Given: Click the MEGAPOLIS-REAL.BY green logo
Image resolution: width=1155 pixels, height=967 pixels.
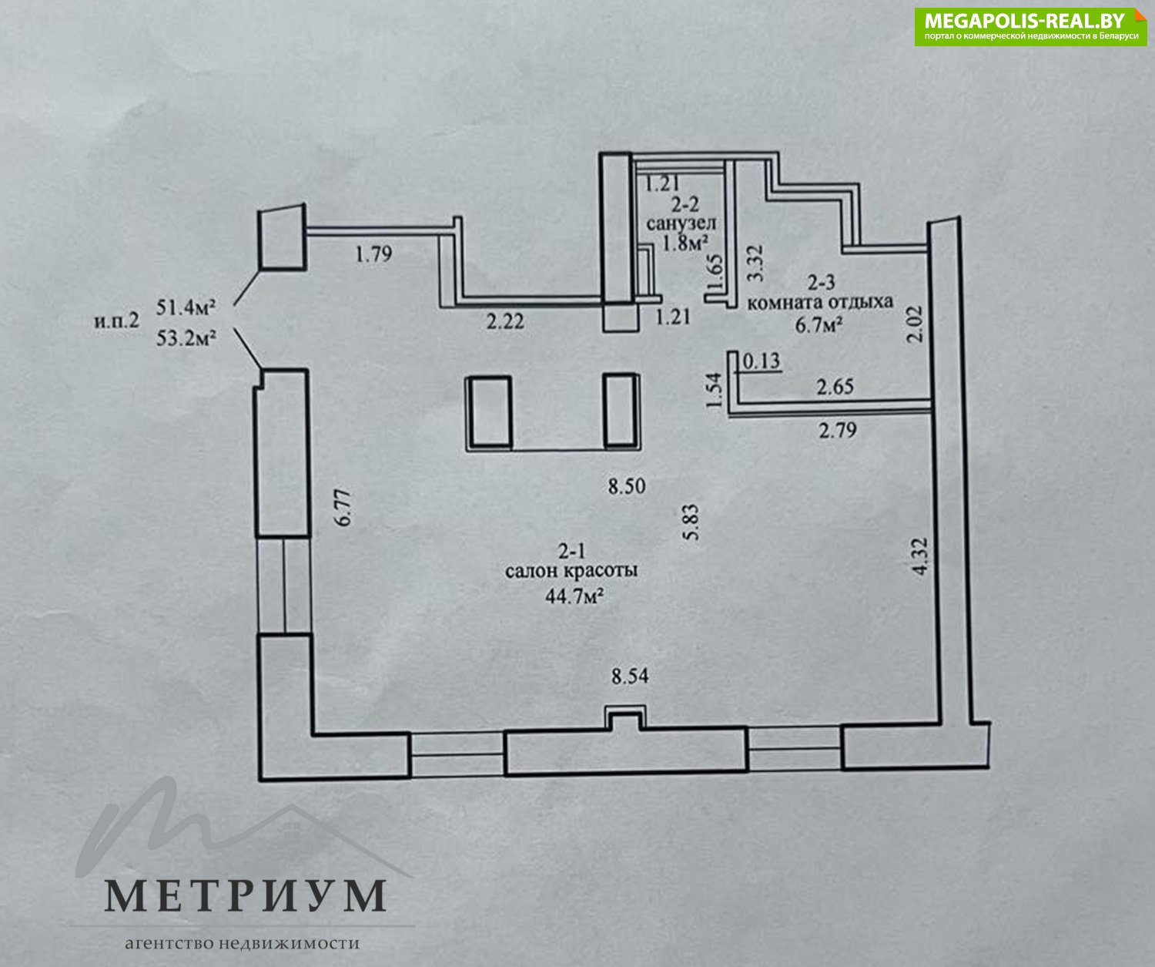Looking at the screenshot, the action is click(1030, 26).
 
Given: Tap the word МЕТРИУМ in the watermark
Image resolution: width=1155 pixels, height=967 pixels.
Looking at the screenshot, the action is click(246, 895).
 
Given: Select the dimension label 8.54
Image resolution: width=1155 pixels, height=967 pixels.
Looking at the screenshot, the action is click(630, 677).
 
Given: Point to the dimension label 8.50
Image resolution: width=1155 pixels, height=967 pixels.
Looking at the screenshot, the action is click(627, 486).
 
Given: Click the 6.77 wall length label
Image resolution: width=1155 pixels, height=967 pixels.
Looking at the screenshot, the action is click(343, 508).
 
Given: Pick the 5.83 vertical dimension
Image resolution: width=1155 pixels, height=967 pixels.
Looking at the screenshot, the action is click(691, 522).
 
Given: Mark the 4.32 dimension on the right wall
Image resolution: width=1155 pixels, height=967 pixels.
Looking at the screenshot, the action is click(919, 557).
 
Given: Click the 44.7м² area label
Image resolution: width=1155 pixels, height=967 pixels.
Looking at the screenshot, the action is click(574, 596).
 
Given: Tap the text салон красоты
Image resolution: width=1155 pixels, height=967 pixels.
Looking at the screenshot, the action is click(571, 571).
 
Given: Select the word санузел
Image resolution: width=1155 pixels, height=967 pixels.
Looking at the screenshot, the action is click(681, 223).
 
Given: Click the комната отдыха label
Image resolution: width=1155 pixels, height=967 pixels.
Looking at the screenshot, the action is click(820, 303).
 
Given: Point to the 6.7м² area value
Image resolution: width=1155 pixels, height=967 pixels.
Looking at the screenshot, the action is click(819, 325).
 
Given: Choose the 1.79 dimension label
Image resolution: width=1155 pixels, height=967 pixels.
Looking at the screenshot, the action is click(373, 254).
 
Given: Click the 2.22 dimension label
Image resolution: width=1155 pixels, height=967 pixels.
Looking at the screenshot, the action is click(505, 321).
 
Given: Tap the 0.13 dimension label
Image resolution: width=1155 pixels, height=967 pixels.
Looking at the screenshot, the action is click(762, 361).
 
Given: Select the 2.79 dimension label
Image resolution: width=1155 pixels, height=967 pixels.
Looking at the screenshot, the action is click(838, 430).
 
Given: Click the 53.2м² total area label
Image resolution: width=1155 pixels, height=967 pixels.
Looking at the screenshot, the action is click(186, 337).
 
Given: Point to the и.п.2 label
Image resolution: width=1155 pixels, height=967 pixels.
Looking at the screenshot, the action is click(117, 321).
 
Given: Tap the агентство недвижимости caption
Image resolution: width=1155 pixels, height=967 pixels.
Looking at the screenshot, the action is click(243, 942).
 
